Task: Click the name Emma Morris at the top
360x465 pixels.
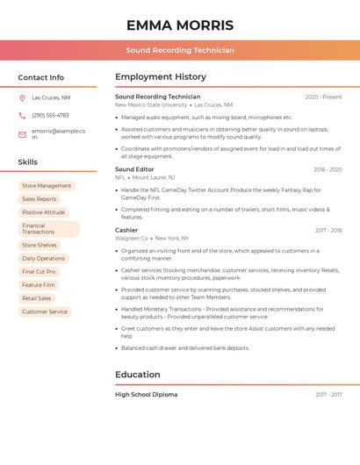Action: point(179,25)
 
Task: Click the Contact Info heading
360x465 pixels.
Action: point(41,77)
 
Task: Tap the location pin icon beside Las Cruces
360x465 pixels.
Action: point(22,98)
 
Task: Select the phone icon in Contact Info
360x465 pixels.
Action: point(22,115)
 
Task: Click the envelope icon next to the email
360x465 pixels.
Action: point(22,133)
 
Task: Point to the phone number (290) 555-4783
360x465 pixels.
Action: point(50,115)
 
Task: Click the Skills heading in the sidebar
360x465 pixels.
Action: point(28,162)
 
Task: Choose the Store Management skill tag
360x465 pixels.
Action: point(47,186)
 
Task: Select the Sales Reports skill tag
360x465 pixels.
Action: point(40,199)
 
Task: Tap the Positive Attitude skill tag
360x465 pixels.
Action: point(44,212)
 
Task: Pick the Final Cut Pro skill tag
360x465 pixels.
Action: point(40,272)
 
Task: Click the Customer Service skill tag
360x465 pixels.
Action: point(45,311)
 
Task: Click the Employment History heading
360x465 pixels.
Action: point(161,77)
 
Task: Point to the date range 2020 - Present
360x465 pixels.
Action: point(323,97)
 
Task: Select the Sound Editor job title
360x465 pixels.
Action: point(134,169)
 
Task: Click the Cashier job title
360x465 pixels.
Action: point(126,230)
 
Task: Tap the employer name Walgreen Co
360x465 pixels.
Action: point(132,238)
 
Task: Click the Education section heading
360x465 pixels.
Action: point(138,375)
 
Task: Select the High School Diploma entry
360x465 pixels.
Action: point(146,395)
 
